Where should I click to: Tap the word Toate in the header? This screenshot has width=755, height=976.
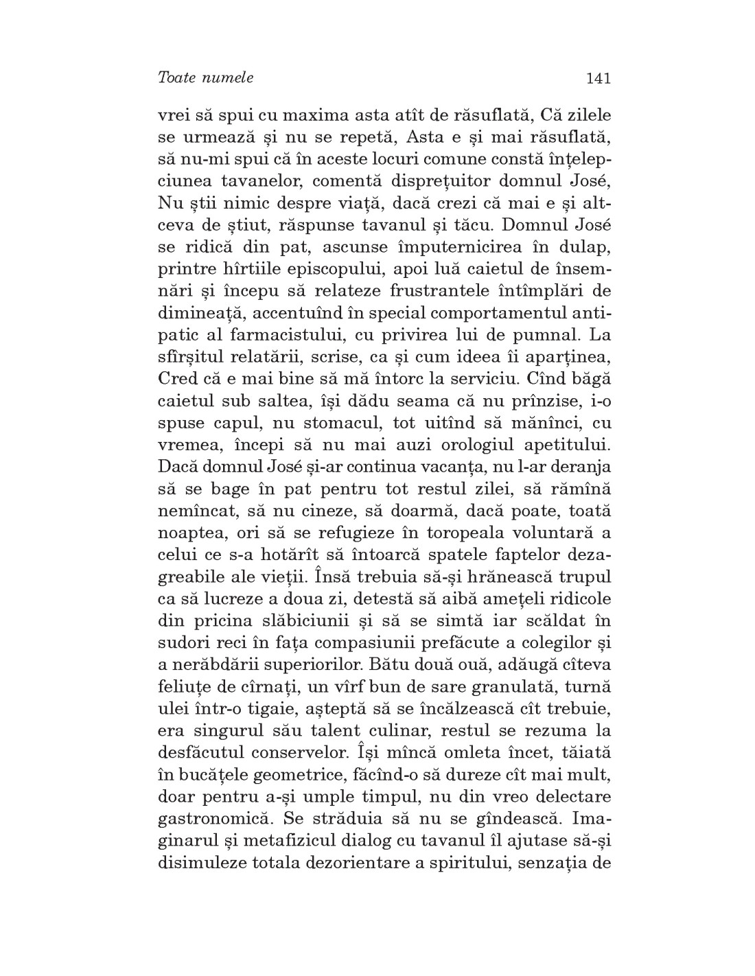(x=176, y=78)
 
